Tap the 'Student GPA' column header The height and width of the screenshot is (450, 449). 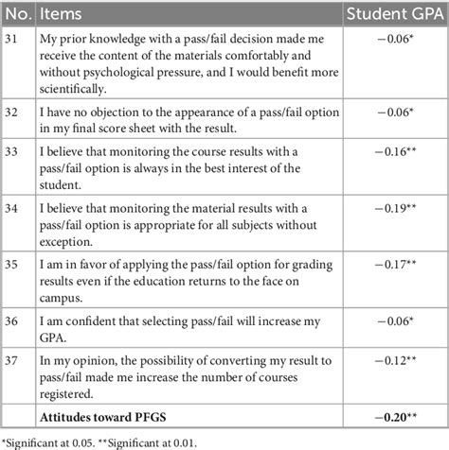coord(392,14)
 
